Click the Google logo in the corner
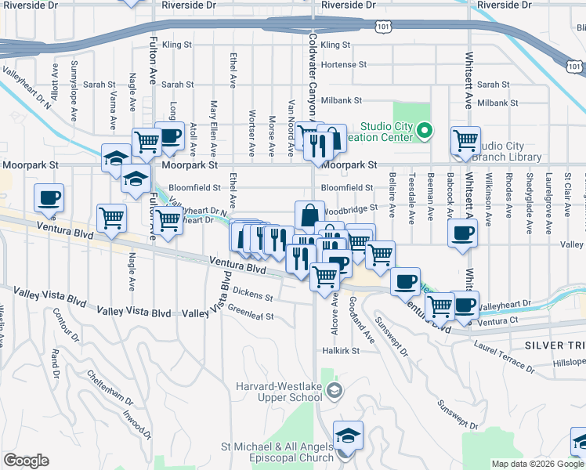click(26, 461)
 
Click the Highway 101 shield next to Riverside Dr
click(382, 26)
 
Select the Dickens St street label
click(252, 298)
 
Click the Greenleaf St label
click(251, 316)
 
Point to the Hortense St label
click(344, 64)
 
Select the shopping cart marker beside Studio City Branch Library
click(465, 140)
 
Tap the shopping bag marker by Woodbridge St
click(310, 214)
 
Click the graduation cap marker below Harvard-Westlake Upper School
click(348, 435)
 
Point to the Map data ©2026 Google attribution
click(538, 464)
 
